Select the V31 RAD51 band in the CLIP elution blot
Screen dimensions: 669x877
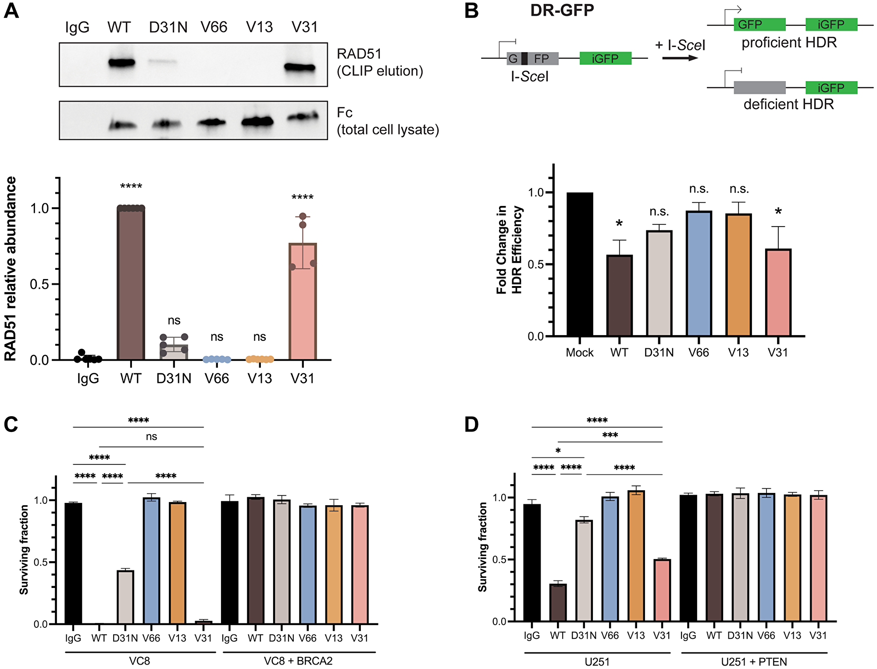click(x=300, y=67)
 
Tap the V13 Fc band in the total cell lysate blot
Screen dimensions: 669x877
click(x=257, y=121)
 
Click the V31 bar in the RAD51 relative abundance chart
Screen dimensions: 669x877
click(x=303, y=302)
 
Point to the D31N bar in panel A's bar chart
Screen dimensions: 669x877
click(x=174, y=352)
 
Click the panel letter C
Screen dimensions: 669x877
click(x=11, y=425)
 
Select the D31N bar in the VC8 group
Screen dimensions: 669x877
click(x=125, y=597)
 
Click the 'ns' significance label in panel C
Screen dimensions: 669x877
click(x=151, y=437)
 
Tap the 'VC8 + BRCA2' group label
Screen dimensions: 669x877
click(x=298, y=661)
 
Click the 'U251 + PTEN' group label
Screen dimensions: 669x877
click(x=754, y=662)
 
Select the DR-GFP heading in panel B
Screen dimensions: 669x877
click(x=562, y=10)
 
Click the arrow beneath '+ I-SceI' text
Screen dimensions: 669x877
click(x=680, y=58)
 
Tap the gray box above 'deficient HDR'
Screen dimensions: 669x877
click(x=759, y=88)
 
